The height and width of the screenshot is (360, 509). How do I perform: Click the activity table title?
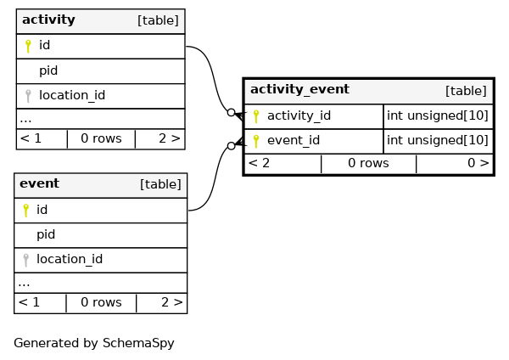click(48, 20)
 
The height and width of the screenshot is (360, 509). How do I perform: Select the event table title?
click(39, 183)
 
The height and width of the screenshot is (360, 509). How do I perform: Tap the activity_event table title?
click(299, 89)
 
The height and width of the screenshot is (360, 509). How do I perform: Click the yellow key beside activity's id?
click(28, 46)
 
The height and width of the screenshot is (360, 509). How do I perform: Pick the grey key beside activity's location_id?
click(28, 96)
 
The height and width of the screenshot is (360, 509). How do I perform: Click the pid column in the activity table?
click(48, 70)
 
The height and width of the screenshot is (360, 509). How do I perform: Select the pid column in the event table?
click(46, 234)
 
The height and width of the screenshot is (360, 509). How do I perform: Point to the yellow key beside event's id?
click(26, 211)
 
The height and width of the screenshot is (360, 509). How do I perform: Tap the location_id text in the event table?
click(70, 259)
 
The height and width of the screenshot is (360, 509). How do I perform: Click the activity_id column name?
click(299, 115)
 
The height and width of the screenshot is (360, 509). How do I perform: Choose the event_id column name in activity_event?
click(294, 140)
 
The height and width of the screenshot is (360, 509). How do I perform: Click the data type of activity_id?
click(438, 115)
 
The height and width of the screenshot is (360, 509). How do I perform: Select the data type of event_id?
click(438, 140)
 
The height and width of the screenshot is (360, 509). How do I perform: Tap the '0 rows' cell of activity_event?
click(368, 163)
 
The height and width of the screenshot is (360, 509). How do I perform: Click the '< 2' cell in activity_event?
click(259, 163)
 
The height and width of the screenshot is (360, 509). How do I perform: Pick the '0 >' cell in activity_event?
click(478, 163)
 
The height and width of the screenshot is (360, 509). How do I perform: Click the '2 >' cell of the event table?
click(172, 302)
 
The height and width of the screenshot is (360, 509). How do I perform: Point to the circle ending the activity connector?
click(231, 112)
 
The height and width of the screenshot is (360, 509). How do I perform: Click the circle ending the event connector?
click(231, 146)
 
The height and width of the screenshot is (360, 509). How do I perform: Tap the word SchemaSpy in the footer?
click(138, 343)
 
